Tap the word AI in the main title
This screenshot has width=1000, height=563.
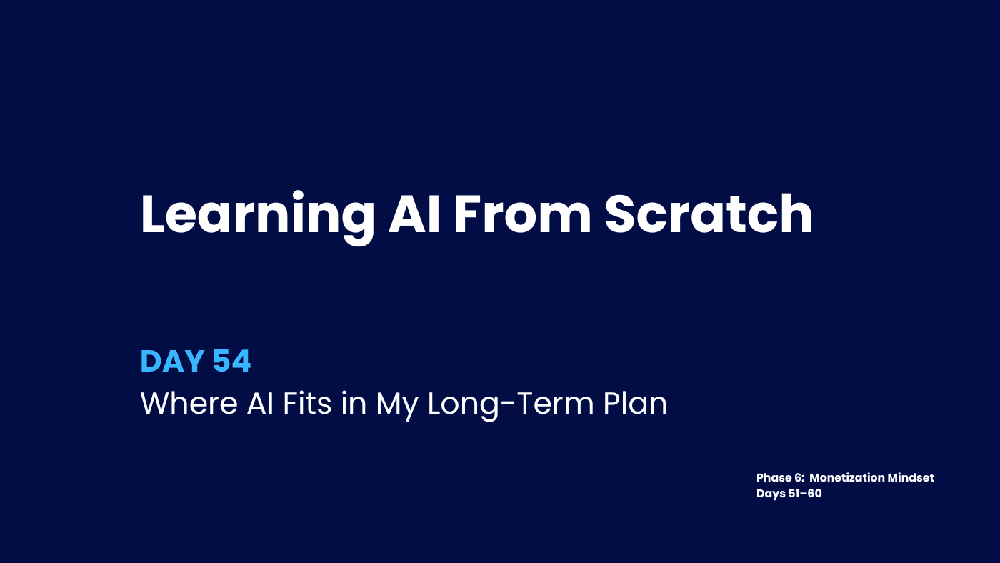coord(414,214)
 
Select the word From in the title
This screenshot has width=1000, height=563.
coord(522,214)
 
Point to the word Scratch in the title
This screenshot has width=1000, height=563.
coord(709,214)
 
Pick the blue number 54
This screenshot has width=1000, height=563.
coord(231,362)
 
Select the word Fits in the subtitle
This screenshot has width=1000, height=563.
coord(305,404)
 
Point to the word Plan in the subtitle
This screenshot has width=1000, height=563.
coord(635,404)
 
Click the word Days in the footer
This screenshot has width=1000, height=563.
coord(770,493)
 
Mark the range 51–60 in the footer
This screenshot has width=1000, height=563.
coord(805,493)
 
